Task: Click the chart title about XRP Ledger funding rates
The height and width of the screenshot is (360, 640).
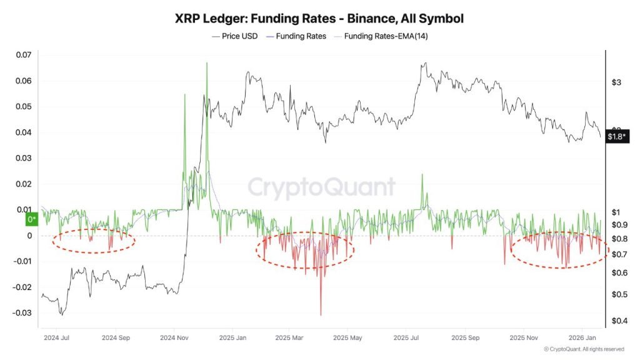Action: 319,18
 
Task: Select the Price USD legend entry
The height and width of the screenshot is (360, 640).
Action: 238,36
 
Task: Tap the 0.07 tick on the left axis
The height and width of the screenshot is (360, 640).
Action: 23,55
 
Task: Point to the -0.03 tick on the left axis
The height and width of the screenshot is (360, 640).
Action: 21,312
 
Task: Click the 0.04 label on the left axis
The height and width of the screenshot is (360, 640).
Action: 23,132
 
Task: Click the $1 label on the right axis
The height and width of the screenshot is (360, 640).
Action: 614,212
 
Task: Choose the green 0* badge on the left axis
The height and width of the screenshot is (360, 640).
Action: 31,219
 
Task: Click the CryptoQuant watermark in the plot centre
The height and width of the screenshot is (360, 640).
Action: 321,187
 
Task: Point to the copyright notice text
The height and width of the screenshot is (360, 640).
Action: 584,349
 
